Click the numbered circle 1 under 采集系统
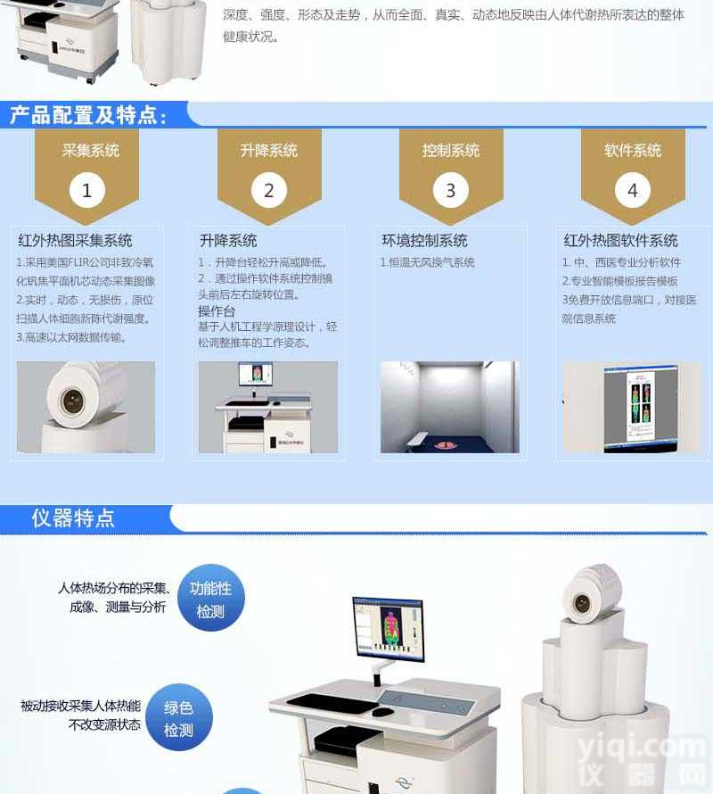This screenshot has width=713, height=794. pos(86,191)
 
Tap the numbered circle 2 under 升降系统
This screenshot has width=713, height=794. pos(268,191)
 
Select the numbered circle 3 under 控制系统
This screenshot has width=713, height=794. pos(450,191)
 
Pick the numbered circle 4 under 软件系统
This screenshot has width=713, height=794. pos(632,191)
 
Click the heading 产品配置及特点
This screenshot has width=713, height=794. pos(87,115)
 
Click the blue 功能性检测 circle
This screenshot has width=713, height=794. pos(210,600)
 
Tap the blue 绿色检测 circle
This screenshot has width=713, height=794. pos(178,718)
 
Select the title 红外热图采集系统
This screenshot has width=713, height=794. pos(75,241)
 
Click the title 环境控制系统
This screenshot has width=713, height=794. pos(424,241)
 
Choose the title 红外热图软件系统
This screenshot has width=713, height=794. pos(620,241)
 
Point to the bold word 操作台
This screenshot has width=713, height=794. pos(217,311)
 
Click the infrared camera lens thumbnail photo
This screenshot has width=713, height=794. pos(86,407)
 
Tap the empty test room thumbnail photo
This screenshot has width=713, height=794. pos(450,407)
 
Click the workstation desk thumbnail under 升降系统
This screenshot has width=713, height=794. pos(267,407)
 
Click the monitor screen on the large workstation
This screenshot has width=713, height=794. pos(388,628)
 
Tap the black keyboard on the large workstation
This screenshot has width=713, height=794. pos(332,703)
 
